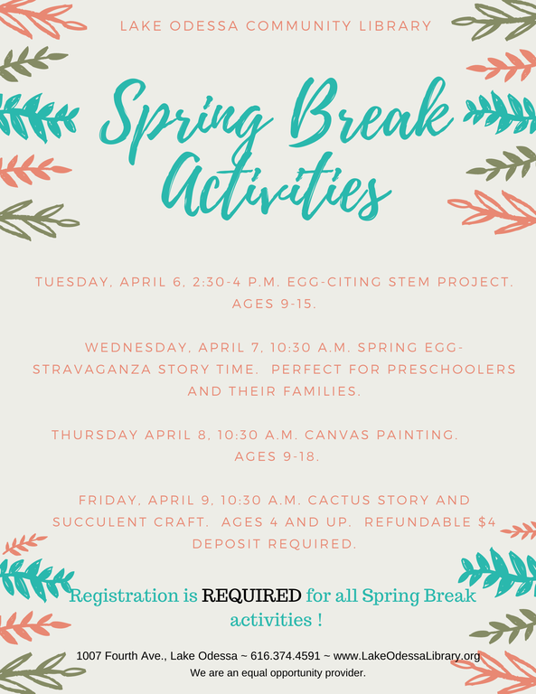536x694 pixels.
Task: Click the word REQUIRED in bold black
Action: click(x=251, y=596)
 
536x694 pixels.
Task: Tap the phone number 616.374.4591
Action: click(x=285, y=655)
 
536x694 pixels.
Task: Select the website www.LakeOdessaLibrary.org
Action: click(x=407, y=656)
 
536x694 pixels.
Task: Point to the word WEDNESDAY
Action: click(x=137, y=347)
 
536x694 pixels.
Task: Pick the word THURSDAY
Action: click(x=95, y=435)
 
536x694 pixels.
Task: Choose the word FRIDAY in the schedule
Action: click(x=109, y=500)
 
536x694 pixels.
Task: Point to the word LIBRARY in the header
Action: click(x=395, y=25)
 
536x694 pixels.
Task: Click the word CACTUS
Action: click(x=339, y=500)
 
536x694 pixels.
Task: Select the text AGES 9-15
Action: click(x=275, y=304)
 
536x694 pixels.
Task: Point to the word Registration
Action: click(x=124, y=596)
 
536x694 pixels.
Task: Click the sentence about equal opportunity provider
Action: click(x=278, y=673)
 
